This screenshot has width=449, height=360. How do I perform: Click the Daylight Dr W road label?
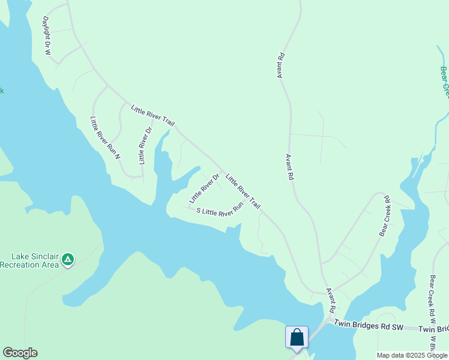(x=46, y=35)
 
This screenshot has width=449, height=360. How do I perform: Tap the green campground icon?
(x=68, y=259)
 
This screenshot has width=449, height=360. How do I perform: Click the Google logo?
(x=20, y=353)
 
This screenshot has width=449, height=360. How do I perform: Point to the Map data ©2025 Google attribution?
(x=412, y=355)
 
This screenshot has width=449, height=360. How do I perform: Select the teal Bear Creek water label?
(x=444, y=82)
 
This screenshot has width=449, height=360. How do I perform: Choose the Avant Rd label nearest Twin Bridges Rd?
(x=331, y=300)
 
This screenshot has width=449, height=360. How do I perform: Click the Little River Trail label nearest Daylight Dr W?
(x=153, y=115)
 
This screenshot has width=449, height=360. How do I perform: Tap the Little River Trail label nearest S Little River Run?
(x=243, y=191)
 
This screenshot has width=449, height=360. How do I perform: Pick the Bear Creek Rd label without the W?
(x=384, y=215)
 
